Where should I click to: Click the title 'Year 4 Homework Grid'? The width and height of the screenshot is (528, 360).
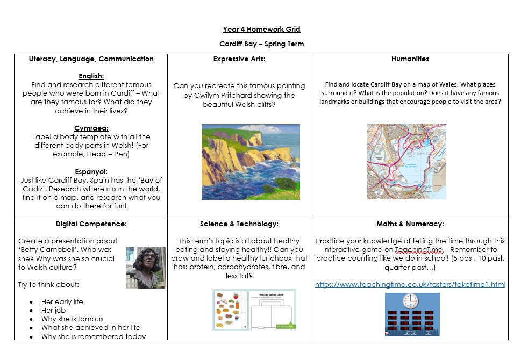coord(261,30)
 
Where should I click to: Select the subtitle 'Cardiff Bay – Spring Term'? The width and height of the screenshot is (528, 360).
coord(261,44)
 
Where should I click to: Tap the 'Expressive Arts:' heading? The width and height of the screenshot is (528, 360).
coord(239,59)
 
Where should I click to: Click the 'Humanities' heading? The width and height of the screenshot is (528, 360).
coord(410,59)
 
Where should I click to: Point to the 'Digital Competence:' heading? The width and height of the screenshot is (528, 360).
coord(91,224)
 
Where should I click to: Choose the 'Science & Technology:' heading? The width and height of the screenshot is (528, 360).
coord(239,224)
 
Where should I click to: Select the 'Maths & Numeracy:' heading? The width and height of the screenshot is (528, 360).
coord(410,224)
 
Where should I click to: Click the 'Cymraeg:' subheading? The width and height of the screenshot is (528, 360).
coord(91,128)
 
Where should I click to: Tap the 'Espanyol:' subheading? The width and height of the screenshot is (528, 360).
coord(91,171)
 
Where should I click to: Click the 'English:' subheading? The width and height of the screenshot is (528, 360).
coord(91,76)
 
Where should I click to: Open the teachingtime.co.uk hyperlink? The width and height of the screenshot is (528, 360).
coord(410,284)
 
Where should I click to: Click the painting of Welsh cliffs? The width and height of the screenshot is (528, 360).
coord(251,162)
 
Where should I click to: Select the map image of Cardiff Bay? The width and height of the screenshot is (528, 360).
coord(406,161)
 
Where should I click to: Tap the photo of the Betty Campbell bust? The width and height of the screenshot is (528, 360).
coord(138,268)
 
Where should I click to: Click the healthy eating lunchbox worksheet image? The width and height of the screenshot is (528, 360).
coord(254,309)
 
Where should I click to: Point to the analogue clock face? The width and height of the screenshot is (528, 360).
coord(411,300)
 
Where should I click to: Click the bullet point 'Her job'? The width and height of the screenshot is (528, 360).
coord(54,311)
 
